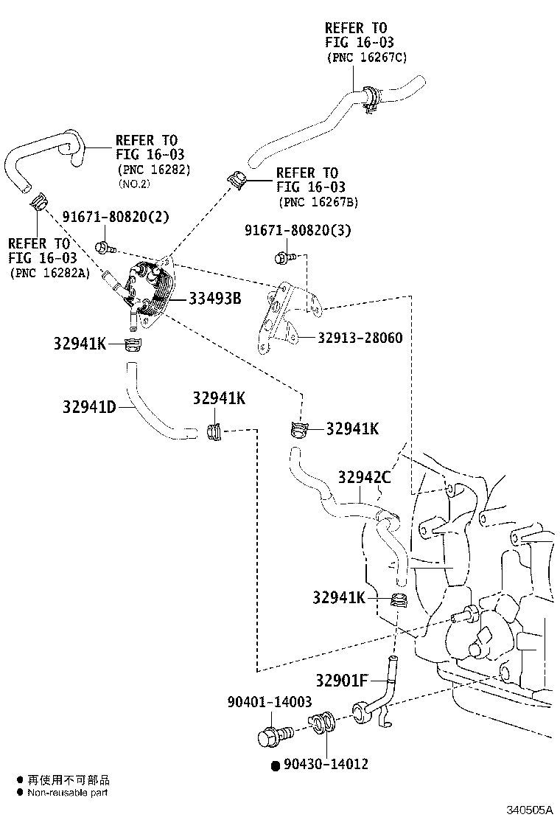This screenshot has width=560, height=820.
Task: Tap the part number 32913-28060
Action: tap(360, 338)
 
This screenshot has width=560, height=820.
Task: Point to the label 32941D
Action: tap(89, 406)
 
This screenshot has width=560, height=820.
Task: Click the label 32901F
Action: tap(342, 680)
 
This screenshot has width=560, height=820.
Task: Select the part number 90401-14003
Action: tap(269, 703)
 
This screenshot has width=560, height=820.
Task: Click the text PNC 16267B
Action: tap(318, 202)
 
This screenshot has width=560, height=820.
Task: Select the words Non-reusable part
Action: tap(67, 793)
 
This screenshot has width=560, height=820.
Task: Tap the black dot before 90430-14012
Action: tap(275, 765)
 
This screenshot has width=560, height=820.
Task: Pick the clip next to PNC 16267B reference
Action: tap(238, 179)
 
